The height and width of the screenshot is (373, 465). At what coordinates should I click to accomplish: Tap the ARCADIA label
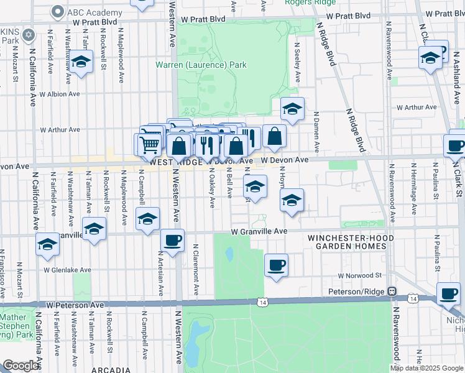(x=110, y=369)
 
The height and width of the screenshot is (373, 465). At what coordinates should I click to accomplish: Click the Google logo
(x=21, y=366)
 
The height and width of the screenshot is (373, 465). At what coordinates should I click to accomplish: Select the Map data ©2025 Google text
(x=426, y=368)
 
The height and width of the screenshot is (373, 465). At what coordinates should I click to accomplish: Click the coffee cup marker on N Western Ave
(x=172, y=239)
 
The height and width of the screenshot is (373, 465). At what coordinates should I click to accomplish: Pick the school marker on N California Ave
(x=47, y=244)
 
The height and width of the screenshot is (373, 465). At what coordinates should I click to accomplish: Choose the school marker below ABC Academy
(x=81, y=61)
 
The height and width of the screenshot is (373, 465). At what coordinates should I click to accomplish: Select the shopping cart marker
(x=149, y=144)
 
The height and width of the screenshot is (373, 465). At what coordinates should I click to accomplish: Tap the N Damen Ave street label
(x=316, y=132)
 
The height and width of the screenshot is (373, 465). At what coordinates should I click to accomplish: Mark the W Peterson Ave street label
(x=75, y=305)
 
